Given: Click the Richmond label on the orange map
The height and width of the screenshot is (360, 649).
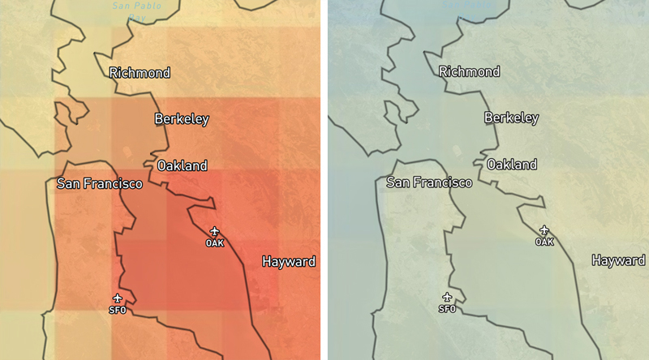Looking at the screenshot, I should pyautogui.click(x=140, y=73).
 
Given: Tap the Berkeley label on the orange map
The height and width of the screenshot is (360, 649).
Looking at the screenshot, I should pyautogui.click(x=182, y=119).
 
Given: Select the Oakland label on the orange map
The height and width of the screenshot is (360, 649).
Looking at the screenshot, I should pyautogui.click(x=182, y=165).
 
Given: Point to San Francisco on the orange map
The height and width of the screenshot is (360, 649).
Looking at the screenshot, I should pyautogui.click(x=99, y=184).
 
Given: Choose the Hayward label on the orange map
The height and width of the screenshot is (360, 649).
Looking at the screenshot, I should pyautogui.click(x=288, y=262).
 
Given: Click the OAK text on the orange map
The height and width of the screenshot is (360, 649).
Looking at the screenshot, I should pyautogui.click(x=214, y=242).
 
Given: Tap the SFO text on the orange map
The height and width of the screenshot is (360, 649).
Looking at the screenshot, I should pyautogui.click(x=118, y=310).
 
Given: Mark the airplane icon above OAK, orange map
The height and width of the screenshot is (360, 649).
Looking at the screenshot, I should pyautogui.click(x=214, y=231).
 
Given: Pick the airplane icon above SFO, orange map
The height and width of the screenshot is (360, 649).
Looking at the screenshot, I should pyautogui.click(x=118, y=298).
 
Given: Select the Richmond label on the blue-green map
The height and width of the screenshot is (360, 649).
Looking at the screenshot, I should pyautogui.click(x=469, y=71).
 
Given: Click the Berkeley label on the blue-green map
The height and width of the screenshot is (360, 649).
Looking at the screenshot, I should pyautogui.click(x=511, y=118).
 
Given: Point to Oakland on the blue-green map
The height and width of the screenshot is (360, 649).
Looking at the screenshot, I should pyautogui.click(x=511, y=165).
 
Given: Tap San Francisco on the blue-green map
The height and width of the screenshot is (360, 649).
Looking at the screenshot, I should pyautogui.click(x=428, y=182).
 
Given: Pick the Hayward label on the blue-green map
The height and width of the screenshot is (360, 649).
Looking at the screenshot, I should pyautogui.click(x=618, y=260).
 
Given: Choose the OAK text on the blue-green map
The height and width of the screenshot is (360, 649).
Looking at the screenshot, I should pyautogui.click(x=544, y=242).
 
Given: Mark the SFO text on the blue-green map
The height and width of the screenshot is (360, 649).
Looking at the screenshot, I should pyautogui.click(x=447, y=309).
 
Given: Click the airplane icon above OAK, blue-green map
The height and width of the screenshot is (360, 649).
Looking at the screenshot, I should pyautogui.click(x=544, y=230).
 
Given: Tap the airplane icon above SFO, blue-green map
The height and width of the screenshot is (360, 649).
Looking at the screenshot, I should pyautogui.click(x=447, y=298).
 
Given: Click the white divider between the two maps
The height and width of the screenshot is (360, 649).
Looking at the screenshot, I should pyautogui.click(x=324, y=180).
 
